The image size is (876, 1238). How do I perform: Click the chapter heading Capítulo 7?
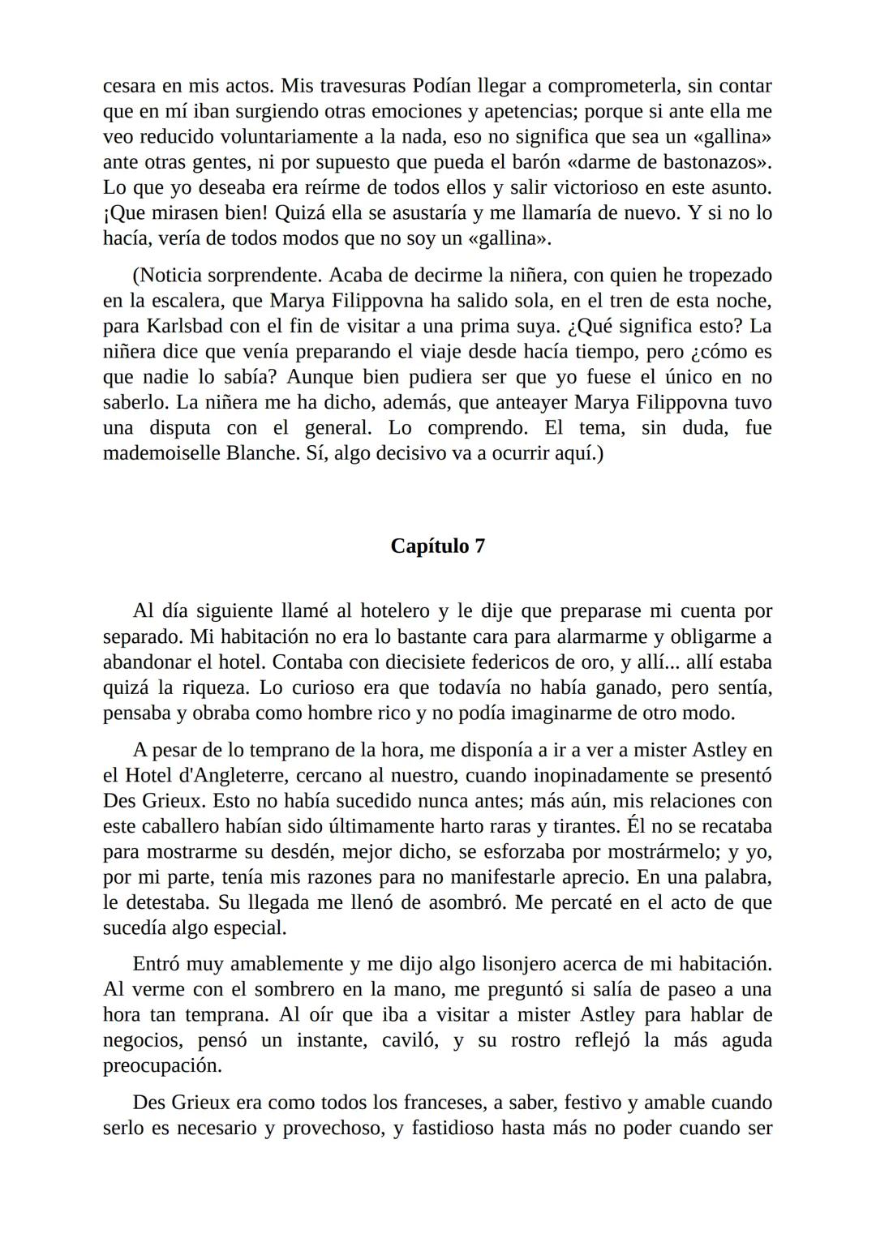437,546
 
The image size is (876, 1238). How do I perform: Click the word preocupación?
162,1066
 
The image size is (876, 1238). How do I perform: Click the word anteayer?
530,403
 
